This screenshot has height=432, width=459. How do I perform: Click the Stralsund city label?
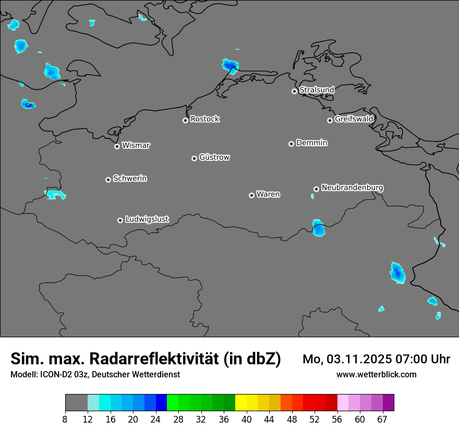[317, 90]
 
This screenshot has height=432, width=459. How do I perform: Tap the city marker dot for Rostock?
[185, 120]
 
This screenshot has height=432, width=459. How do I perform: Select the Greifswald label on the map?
[354, 119]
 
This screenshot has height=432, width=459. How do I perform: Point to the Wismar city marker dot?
[117, 146]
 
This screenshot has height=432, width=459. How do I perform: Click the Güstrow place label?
[214, 157]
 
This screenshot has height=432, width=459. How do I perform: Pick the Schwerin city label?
[130, 179]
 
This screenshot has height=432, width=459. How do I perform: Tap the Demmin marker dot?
[291, 144]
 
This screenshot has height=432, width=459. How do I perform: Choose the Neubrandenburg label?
[352, 187]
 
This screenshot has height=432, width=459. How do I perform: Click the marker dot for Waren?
[251, 195]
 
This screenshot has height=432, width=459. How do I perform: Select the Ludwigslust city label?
[147, 219]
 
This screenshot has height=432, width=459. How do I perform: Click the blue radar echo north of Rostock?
[229, 66]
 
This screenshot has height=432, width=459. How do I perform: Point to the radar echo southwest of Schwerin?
[55, 195]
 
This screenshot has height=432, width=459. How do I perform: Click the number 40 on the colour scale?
[247, 419]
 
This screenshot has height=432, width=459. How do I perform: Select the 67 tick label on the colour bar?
[382, 419]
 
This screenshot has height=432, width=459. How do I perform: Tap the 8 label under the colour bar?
[65, 419]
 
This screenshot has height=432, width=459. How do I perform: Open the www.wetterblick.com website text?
[376, 374]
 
